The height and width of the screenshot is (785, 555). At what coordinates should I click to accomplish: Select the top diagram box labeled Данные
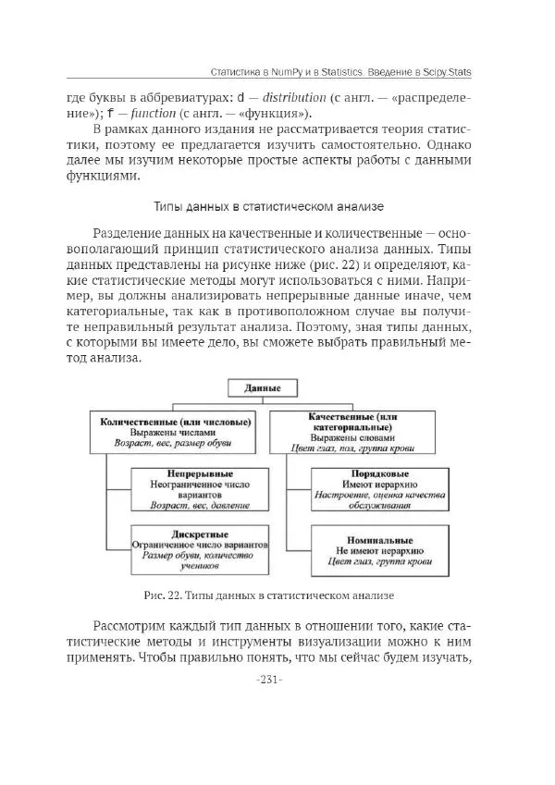262,389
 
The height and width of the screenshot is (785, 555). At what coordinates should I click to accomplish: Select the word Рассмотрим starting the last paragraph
132,625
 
